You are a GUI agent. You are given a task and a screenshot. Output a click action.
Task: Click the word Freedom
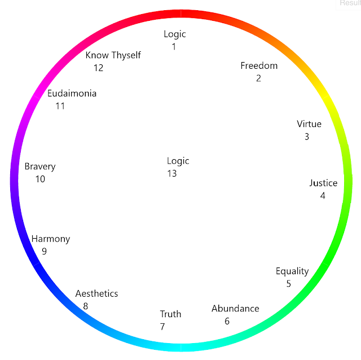259,65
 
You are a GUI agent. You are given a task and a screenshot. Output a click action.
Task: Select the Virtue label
309,124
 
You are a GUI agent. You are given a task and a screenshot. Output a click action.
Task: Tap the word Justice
323,183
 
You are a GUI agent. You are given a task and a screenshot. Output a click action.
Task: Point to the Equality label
292,271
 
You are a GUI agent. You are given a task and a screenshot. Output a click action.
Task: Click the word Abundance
235,309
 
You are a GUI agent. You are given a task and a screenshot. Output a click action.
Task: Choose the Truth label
170,314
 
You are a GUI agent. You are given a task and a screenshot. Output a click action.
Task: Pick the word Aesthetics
96,293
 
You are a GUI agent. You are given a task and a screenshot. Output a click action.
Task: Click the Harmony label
51,239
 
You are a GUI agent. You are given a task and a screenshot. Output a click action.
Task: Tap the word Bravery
40,166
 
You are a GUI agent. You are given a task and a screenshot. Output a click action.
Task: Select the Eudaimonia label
72,93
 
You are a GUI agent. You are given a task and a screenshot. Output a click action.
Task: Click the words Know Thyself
113,55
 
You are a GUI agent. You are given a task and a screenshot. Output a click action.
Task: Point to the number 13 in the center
172,174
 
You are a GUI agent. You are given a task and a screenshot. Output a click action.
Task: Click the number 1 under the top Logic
174,47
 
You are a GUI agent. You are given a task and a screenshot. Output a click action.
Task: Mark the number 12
99,68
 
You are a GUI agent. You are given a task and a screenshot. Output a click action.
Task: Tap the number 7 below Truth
162,327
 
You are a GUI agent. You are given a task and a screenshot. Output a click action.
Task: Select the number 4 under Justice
323,196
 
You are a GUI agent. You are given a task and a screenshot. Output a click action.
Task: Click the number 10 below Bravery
40,179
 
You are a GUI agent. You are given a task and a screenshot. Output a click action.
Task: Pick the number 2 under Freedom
258,78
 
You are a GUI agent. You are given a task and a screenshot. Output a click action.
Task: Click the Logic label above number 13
178,161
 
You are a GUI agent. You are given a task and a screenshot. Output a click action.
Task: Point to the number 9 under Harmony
44,252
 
